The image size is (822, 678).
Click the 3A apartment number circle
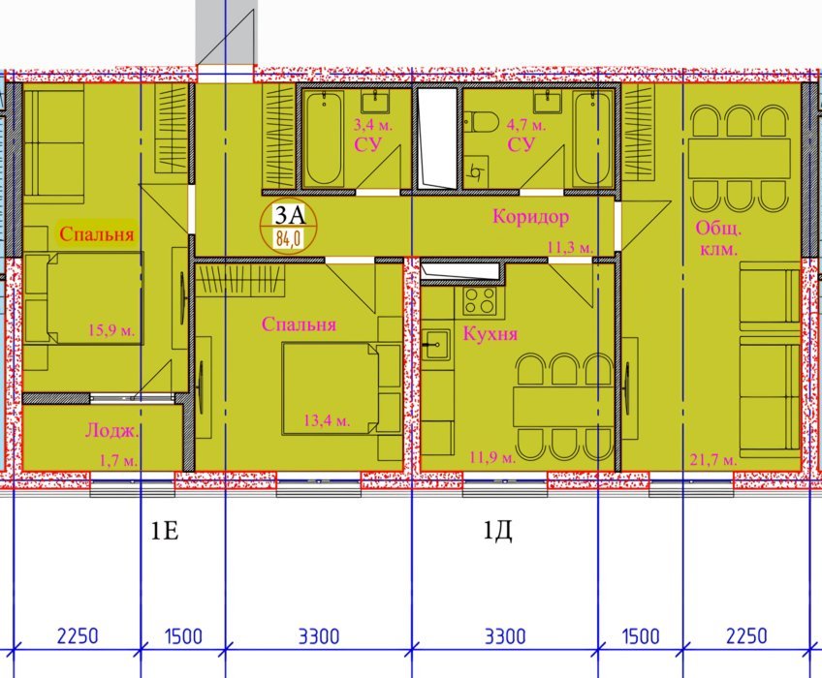(289, 228)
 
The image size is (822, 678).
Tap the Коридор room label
(530, 216)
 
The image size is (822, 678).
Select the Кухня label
(490, 333)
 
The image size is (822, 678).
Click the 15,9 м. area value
(111, 330)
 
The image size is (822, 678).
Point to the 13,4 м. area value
(327, 419)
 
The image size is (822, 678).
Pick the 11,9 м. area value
(492, 457)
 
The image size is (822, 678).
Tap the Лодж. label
(112, 431)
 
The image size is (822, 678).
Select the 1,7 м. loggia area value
(118, 461)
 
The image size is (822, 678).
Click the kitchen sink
(436, 344)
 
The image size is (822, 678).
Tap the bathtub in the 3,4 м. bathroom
(324, 139)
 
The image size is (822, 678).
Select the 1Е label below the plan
(165, 532)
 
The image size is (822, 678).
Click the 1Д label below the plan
(497, 533)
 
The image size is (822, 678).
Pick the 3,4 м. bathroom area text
(373, 125)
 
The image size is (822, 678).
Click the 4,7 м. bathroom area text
(526, 125)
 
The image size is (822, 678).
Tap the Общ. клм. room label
(718, 239)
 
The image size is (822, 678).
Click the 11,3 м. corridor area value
(570, 247)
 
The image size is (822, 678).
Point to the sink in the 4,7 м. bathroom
(548, 101)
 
